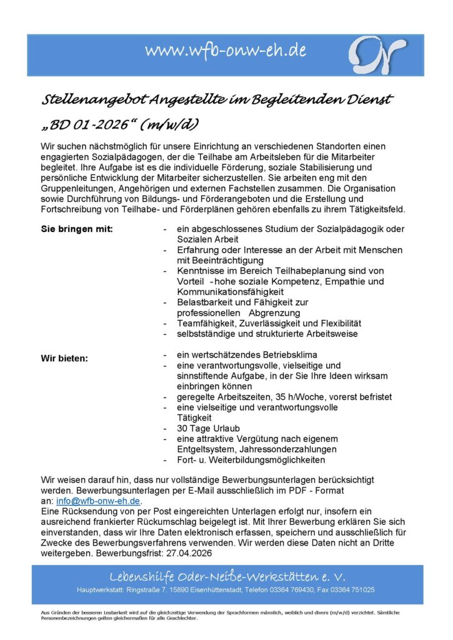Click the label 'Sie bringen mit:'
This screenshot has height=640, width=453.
pos(77,229)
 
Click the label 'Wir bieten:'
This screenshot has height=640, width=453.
pos(64,359)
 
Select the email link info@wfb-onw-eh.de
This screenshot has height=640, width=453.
pos(99,501)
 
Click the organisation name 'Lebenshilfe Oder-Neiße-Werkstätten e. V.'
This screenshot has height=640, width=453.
pos(227,576)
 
